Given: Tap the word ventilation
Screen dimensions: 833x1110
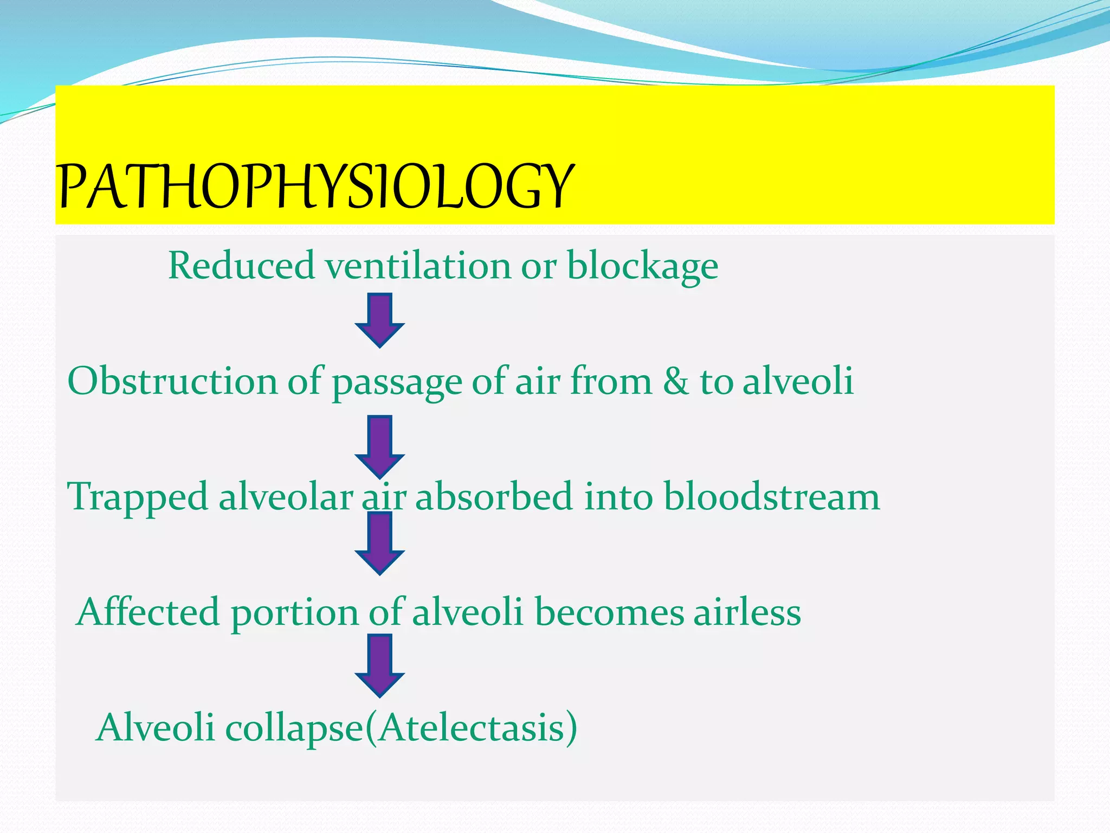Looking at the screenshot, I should [x=417, y=266].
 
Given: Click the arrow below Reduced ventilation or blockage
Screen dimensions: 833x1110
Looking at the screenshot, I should [x=379, y=320].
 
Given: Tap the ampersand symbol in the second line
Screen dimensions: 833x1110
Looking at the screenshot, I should [x=676, y=381].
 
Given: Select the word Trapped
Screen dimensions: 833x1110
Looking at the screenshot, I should [x=137, y=497].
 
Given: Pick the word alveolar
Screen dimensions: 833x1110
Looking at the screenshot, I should [x=286, y=496].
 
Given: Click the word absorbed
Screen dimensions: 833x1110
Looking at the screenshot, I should [x=494, y=496].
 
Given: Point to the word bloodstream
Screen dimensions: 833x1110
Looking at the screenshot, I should [x=771, y=496].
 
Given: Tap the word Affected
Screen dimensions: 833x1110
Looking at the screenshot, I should [x=148, y=612].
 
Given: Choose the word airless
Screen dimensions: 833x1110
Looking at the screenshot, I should [x=747, y=612].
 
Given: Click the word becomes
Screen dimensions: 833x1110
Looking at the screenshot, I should [x=610, y=612].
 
